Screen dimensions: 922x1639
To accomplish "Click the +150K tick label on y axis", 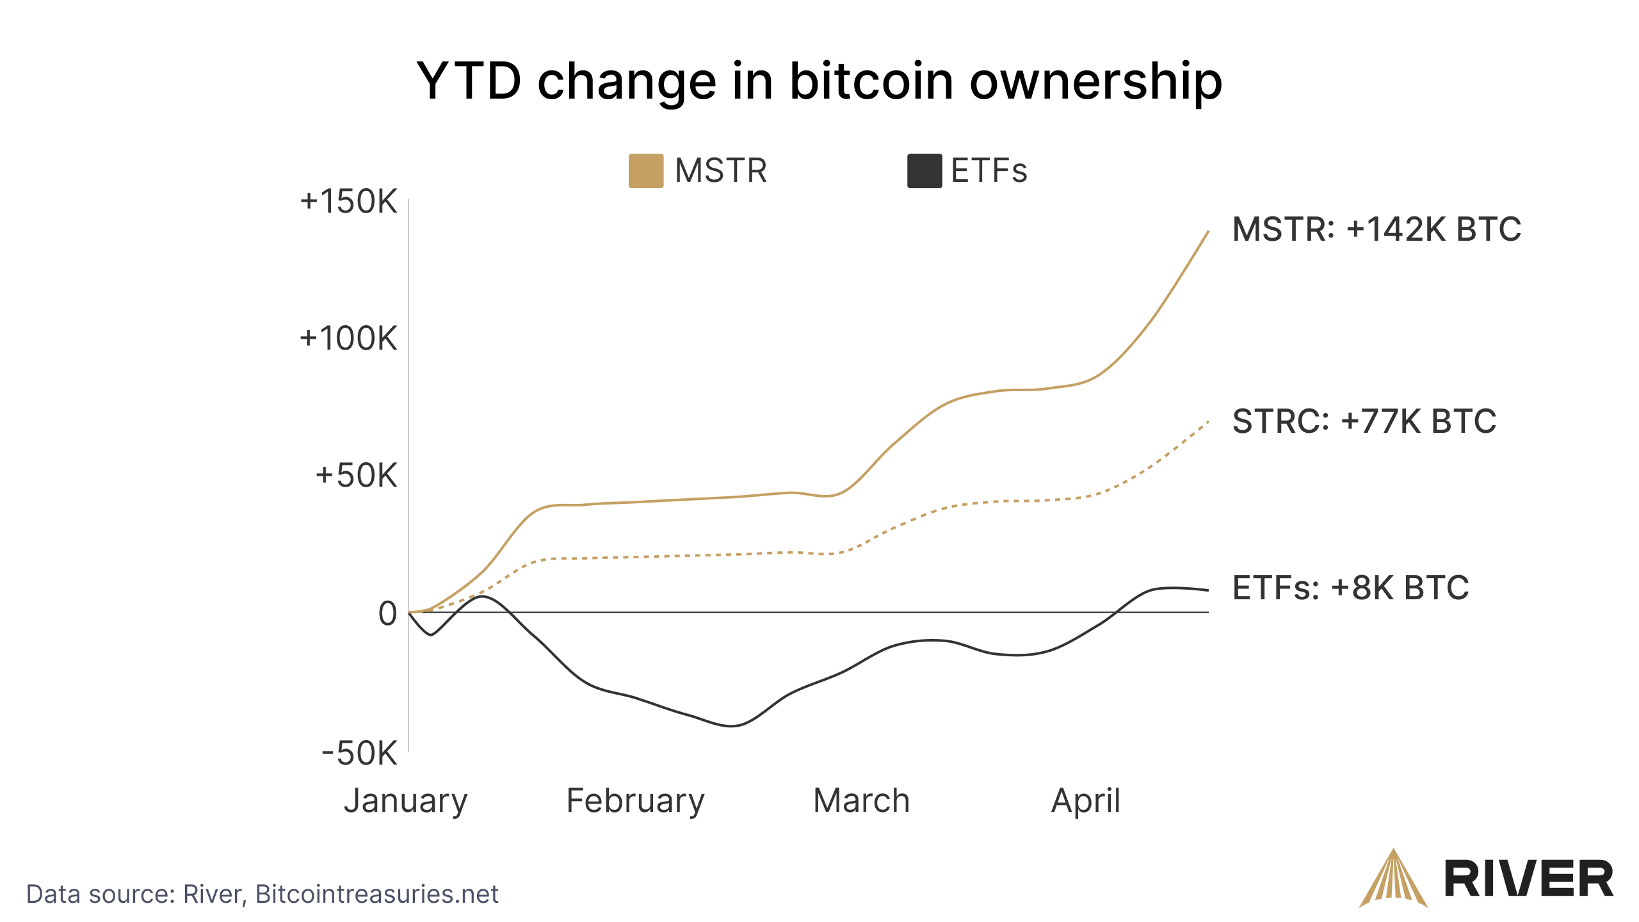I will point(349,202).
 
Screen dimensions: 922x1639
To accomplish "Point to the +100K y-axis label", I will point(349,339).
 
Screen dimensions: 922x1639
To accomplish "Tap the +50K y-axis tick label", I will point(356,476).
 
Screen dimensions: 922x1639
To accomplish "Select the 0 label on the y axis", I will point(387,614).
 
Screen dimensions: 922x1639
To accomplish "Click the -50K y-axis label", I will point(359,753).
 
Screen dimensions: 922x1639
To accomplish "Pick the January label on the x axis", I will point(406,801).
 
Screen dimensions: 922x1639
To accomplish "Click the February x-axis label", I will point(635,801).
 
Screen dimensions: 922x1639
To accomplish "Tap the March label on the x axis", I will point(861,801).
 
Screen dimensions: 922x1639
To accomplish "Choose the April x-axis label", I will point(1086,801).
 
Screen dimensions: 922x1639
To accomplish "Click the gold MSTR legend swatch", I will point(645,171).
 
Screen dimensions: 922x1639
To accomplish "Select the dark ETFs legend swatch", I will point(924,171).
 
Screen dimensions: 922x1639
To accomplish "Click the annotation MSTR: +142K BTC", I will point(1377,229).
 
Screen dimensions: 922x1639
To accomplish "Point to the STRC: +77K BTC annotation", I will point(1364,421).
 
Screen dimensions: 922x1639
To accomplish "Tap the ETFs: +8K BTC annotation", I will point(1350,588).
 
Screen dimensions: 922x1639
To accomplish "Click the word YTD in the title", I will point(469,81).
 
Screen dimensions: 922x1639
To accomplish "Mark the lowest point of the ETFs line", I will point(732,726).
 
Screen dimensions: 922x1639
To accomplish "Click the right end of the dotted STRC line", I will point(1207,422).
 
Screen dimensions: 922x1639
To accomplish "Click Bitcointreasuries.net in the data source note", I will point(376,894).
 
